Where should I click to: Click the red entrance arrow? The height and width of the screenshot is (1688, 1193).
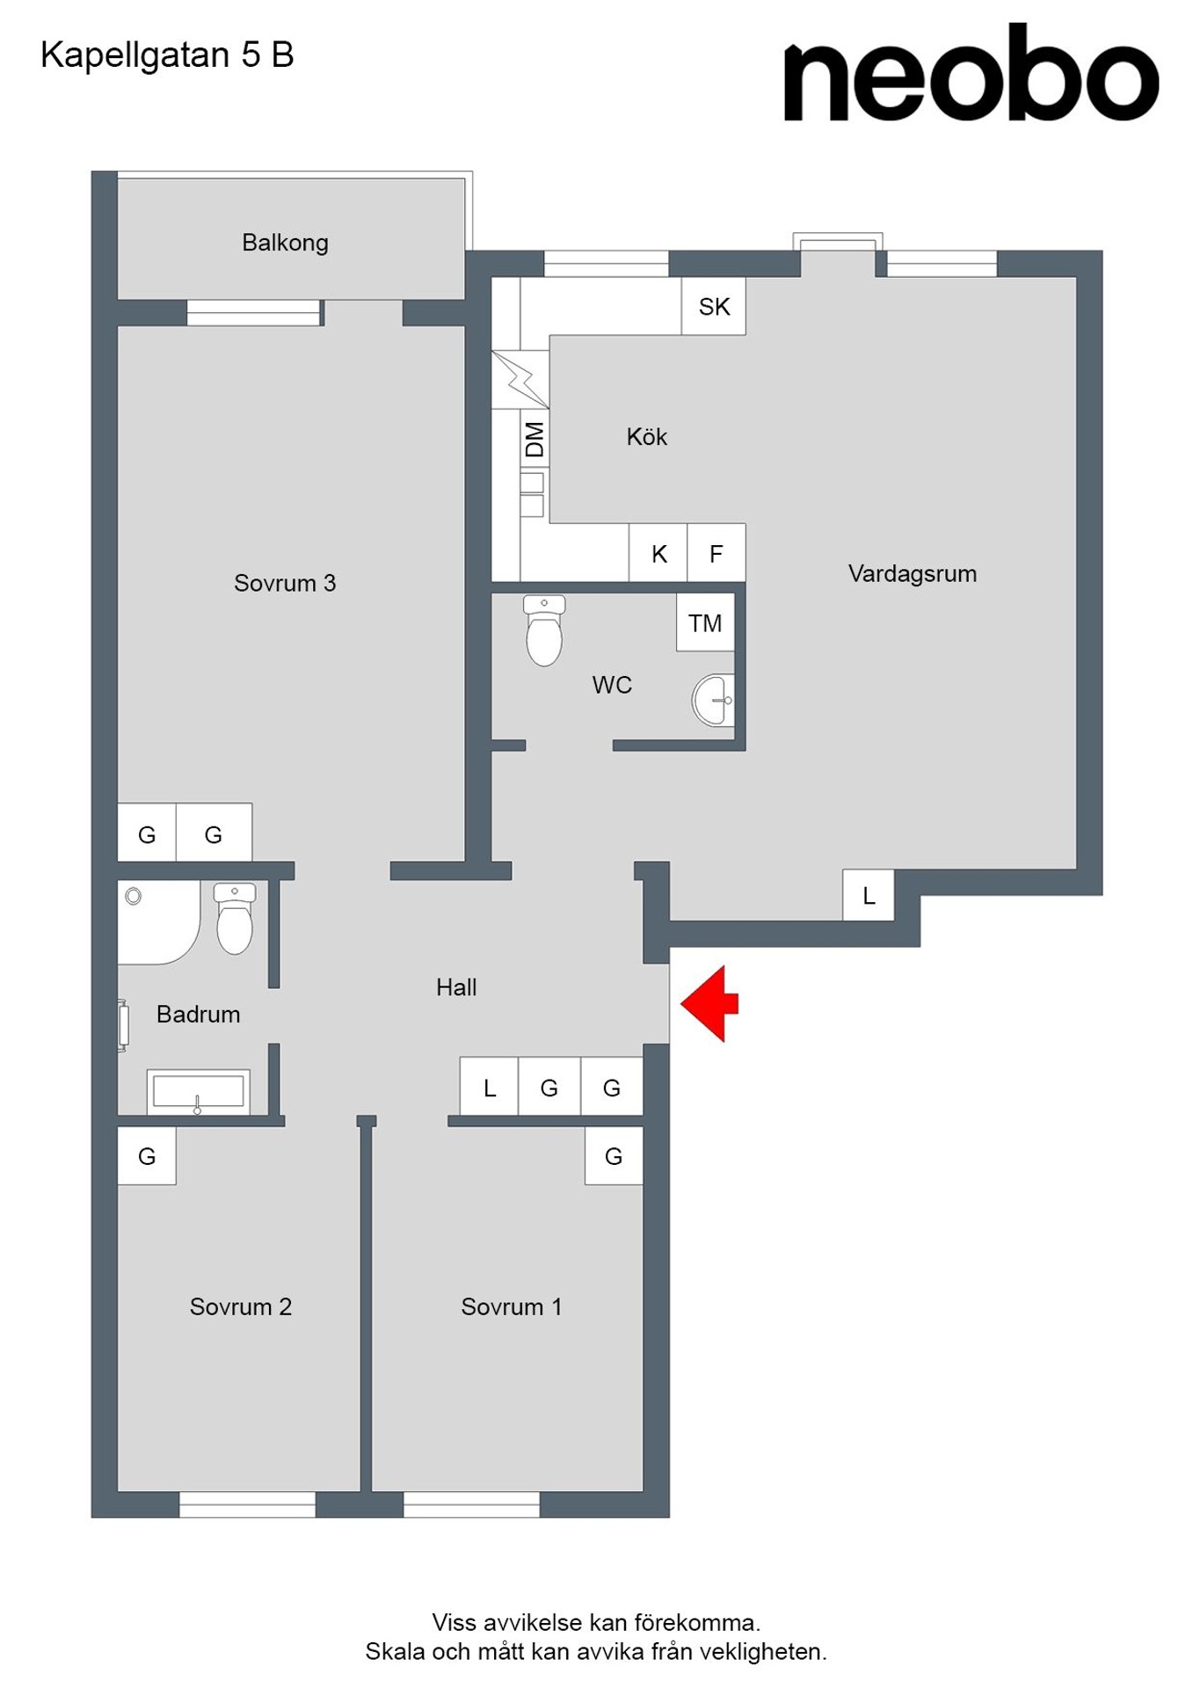point(709,1003)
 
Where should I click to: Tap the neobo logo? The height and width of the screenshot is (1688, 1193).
point(971,72)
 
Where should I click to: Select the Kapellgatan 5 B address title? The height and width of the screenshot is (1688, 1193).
point(167,55)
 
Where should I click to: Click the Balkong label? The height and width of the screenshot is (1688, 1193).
point(285,243)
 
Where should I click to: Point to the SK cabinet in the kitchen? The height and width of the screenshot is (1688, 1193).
point(714,306)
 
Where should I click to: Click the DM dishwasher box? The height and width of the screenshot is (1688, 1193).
point(535,439)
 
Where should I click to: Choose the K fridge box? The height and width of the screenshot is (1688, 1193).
point(658,554)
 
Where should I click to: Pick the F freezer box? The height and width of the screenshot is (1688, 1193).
point(717,554)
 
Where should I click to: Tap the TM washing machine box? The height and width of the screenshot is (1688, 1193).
point(705,622)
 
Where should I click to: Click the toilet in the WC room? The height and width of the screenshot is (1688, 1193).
point(544,630)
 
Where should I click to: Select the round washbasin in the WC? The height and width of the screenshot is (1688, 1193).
point(714,701)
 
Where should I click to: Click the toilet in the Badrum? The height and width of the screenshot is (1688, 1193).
point(235,919)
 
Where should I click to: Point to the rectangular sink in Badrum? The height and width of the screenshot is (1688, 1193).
point(199,1092)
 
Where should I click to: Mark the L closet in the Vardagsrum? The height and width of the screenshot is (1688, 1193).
point(869,895)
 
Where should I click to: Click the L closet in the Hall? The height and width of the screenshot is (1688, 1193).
point(490,1088)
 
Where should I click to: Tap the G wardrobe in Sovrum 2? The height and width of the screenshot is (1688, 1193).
point(147,1156)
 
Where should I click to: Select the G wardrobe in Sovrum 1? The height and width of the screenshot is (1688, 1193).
point(614,1156)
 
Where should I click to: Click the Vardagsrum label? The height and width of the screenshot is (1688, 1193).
point(913,574)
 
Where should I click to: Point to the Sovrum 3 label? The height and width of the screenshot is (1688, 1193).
point(285,583)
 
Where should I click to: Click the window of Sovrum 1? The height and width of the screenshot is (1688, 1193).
point(471,1504)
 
